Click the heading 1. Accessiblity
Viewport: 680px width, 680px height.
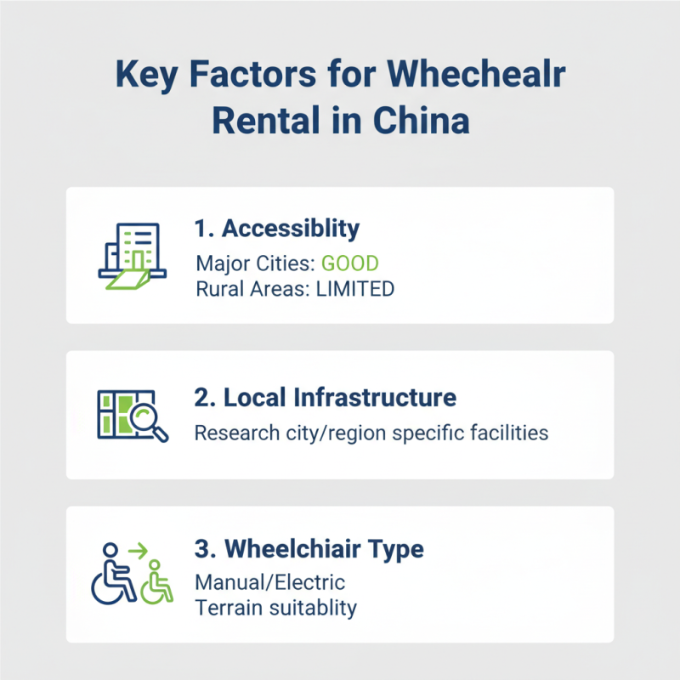277,229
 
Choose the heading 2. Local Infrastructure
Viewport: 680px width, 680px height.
326,398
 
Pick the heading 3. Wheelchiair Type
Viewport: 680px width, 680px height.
309,549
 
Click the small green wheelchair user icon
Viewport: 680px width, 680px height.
156,583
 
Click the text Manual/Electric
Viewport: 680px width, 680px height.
269,582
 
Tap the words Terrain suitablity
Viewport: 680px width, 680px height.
275,609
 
